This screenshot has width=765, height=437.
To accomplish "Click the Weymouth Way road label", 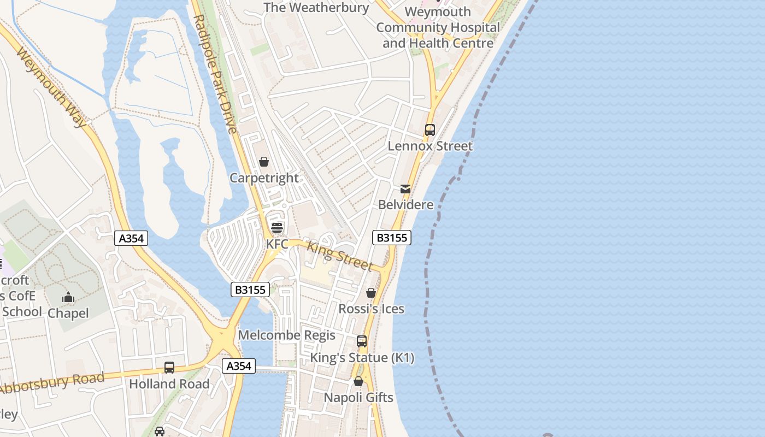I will point(52,87).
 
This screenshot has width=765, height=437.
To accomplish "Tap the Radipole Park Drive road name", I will point(215,74).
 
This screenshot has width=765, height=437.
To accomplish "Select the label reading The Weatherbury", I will point(316,8).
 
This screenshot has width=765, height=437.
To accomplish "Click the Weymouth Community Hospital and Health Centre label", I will point(438,27).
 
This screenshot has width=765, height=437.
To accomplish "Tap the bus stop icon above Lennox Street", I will point(430,130).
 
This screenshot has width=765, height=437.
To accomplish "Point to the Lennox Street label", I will point(430,146).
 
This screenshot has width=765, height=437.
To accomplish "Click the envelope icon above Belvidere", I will point(405,189).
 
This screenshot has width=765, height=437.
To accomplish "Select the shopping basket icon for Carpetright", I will point(264,162).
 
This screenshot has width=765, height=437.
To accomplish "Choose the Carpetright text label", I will point(264,178).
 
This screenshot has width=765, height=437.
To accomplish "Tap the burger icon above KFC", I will point(277,228).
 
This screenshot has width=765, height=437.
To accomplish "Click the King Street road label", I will point(339,256).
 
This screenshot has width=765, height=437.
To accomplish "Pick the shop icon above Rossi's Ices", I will point(371,293).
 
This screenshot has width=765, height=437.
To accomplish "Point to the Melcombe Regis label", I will point(287,335).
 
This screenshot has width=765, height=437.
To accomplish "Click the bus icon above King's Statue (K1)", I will point(362,341).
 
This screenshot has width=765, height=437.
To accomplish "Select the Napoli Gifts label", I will point(358,397).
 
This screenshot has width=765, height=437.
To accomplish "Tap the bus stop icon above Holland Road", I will point(169,368).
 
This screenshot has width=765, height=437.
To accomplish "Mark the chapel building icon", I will point(68,298).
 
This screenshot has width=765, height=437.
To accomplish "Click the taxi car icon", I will point(160,432).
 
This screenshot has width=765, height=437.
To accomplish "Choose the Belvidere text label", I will point(405,205).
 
